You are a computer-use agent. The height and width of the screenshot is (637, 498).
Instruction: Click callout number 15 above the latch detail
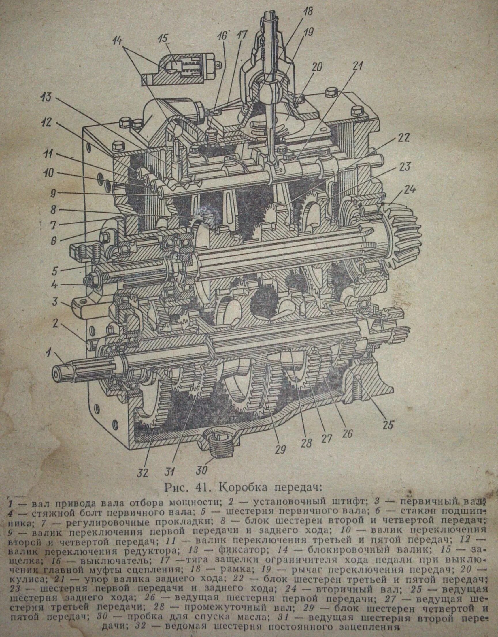click(163, 39)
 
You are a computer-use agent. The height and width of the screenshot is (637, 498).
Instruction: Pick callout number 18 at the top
click(307, 12)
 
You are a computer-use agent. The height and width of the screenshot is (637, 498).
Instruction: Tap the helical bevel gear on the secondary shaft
click(404, 233)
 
